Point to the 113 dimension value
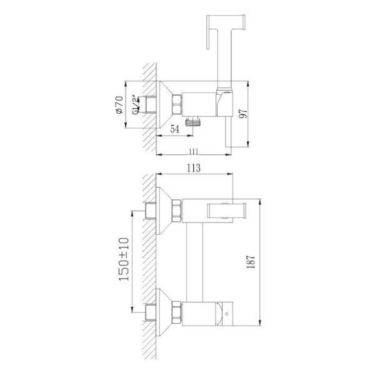[193, 167]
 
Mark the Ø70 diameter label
[119, 104]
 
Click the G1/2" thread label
[134, 104]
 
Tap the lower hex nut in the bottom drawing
[177, 311]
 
